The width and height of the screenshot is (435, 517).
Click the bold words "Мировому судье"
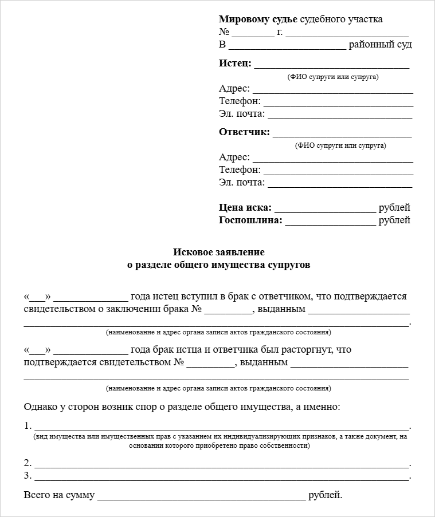(x=258, y=19)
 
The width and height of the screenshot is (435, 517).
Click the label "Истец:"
(x=235, y=64)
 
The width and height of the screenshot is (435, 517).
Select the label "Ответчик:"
(x=244, y=132)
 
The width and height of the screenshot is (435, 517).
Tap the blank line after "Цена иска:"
(x=325, y=208)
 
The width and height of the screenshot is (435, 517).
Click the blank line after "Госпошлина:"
(x=330, y=221)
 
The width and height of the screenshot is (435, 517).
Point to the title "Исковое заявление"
(x=218, y=252)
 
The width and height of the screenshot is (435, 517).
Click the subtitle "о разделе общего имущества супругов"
(x=218, y=265)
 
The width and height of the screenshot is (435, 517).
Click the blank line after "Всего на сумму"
(x=201, y=496)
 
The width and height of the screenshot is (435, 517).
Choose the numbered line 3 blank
(x=222, y=476)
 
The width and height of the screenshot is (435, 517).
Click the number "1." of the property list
(x=28, y=426)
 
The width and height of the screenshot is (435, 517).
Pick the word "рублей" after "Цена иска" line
(x=394, y=208)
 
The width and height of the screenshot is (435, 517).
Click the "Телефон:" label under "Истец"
(x=240, y=101)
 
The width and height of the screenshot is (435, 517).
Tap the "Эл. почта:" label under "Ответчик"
(x=242, y=183)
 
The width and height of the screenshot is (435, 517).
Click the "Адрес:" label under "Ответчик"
(x=234, y=157)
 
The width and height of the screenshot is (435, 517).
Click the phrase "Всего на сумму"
(x=59, y=495)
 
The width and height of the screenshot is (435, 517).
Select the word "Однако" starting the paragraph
(x=40, y=407)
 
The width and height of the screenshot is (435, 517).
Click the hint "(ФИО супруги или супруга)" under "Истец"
(x=332, y=77)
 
